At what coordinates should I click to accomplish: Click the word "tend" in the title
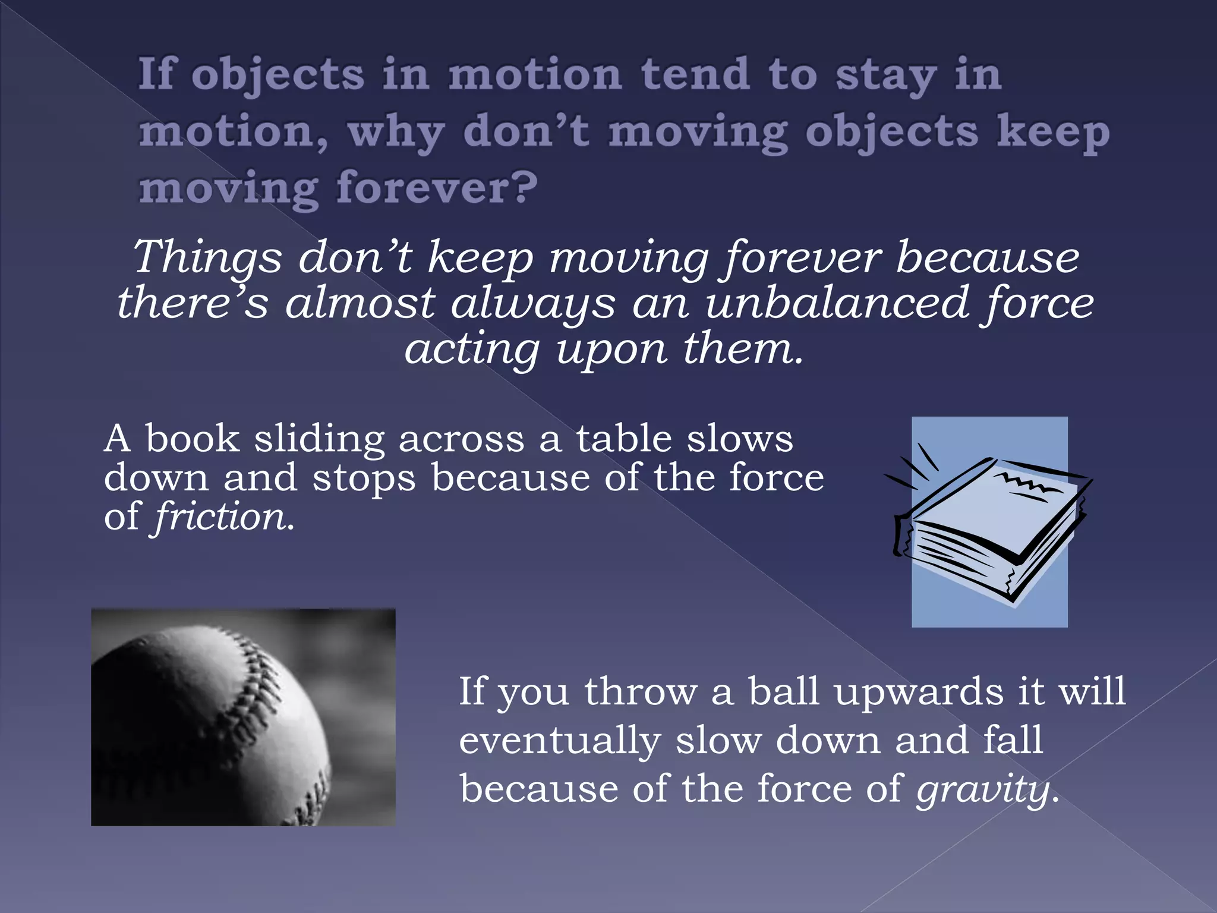pos(695,75)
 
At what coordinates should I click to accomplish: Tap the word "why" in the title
pos(396,133)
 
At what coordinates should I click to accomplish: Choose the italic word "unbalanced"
pos(835,303)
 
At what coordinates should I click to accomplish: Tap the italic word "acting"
pos(472,351)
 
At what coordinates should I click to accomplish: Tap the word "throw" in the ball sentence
pos(641,692)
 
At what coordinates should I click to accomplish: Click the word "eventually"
pos(560,742)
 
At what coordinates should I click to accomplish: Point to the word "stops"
pos(364,479)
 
